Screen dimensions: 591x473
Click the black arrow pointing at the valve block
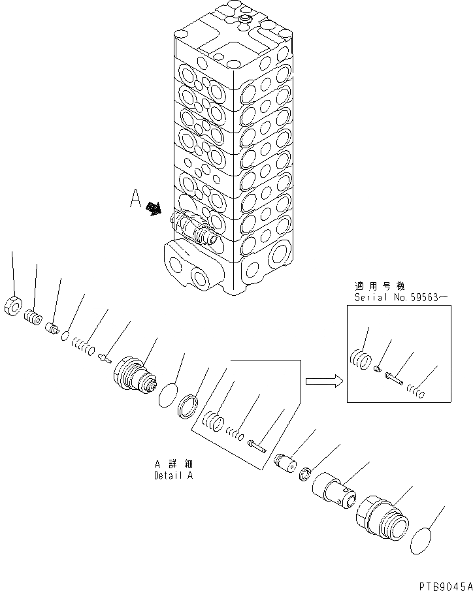[154, 208]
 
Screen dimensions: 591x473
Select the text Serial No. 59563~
[401, 297]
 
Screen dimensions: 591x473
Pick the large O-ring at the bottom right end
[424, 541]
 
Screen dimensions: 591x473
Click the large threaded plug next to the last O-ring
[382, 519]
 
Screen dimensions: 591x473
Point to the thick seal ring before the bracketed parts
[190, 406]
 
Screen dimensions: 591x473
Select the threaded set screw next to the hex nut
[32, 318]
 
